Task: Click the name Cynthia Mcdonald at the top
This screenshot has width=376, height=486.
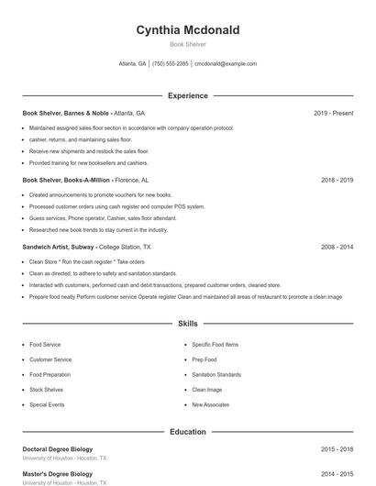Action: (x=188, y=30)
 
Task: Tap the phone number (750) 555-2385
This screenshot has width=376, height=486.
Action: (x=171, y=64)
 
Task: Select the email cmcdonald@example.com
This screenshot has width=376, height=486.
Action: (x=226, y=64)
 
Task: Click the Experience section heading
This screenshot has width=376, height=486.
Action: (x=188, y=95)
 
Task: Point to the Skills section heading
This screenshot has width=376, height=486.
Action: (x=188, y=324)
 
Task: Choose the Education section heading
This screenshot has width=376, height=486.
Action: (x=188, y=431)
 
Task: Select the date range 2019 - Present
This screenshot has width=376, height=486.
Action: (x=333, y=113)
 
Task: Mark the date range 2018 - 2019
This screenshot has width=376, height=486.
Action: (x=337, y=181)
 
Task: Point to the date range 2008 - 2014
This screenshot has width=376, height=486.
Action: (x=337, y=248)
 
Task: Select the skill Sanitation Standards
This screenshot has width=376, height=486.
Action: (x=216, y=374)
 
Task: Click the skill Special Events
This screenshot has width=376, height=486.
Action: (x=47, y=404)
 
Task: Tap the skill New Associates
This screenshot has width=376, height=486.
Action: (x=210, y=404)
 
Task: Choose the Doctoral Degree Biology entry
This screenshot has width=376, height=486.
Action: (x=58, y=449)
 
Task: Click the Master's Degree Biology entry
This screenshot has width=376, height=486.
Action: (x=57, y=474)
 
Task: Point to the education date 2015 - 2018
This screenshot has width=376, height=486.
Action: (x=337, y=449)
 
